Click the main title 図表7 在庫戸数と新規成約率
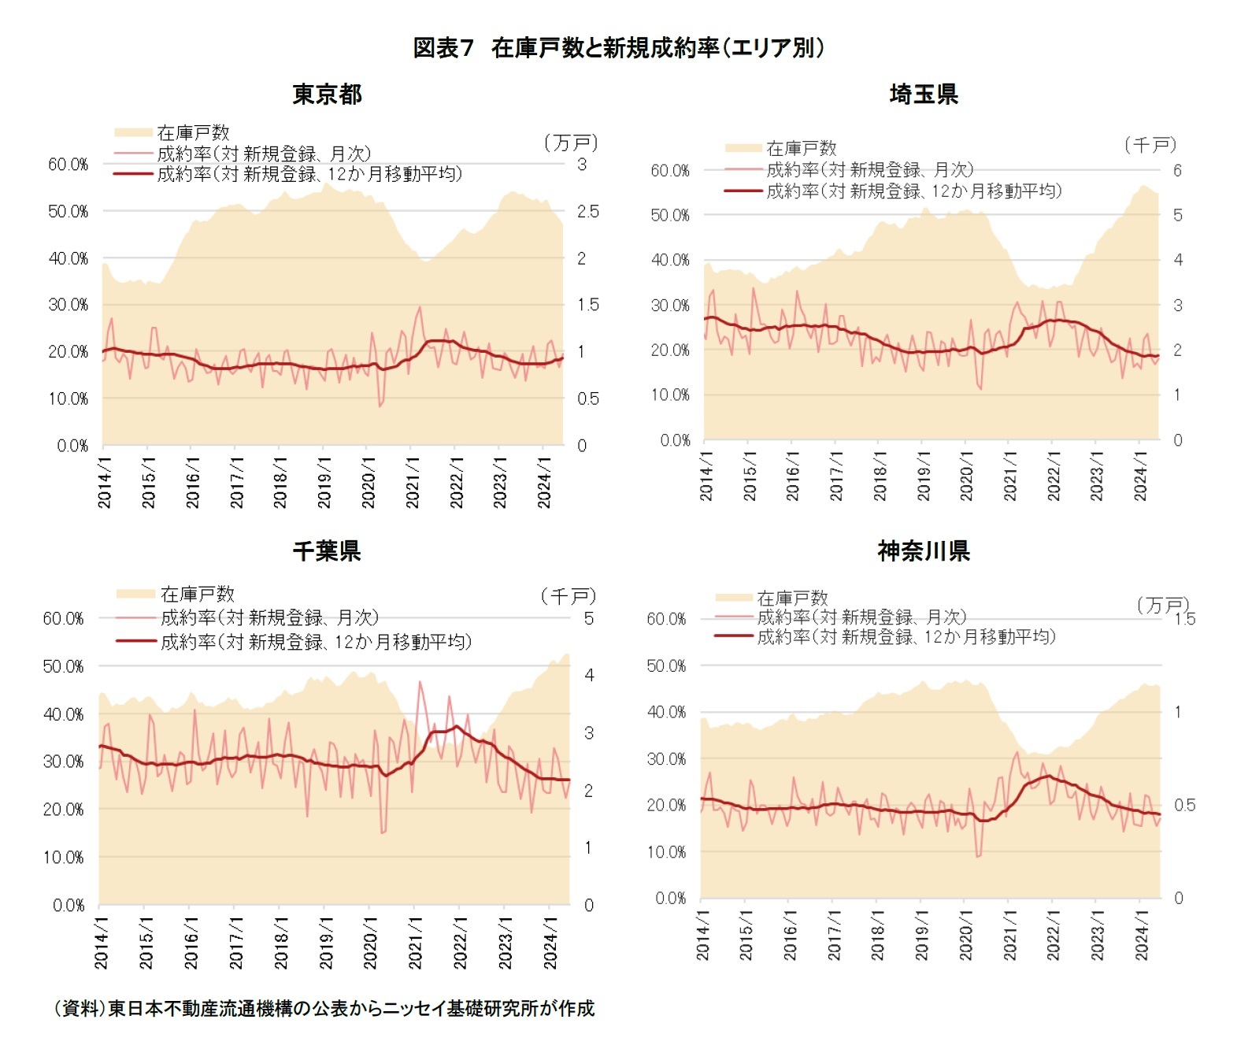pyautogui.click(x=618, y=48)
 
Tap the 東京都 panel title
pyautogui.click(x=327, y=95)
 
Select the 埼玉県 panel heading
pyautogui.click(x=924, y=95)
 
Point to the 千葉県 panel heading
pyautogui.click(x=327, y=550)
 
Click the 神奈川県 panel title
pyautogui.click(x=924, y=550)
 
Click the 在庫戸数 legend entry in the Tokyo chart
pyautogui.click(x=193, y=132)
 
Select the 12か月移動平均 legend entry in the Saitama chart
pyautogui.click(x=913, y=191)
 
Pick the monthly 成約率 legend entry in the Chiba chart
pyautogui.click(x=269, y=617)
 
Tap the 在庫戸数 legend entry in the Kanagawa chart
pyautogui.click(x=792, y=598)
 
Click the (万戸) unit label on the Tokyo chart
pyautogui.click(x=571, y=143)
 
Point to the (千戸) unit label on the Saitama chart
pyautogui.click(x=1150, y=145)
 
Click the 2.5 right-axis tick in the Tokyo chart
pyautogui.click(x=587, y=212)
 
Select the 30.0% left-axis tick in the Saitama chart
pyautogui.click(x=670, y=306)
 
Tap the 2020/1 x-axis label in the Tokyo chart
pyautogui.click(x=369, y=480)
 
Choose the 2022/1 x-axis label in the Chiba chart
pyautogui.click(x=461, y=942)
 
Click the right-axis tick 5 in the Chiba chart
pyautogui.click(x=588, y=619)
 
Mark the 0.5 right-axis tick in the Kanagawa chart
pyautogui.click(x=1183, y=806)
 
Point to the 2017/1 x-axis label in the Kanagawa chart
pyautogui.click(x=834, y=936)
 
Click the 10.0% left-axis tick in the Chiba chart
pyautogui.click(x=63, y=858)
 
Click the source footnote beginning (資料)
pyautogui.click(x=324, y=1008)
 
